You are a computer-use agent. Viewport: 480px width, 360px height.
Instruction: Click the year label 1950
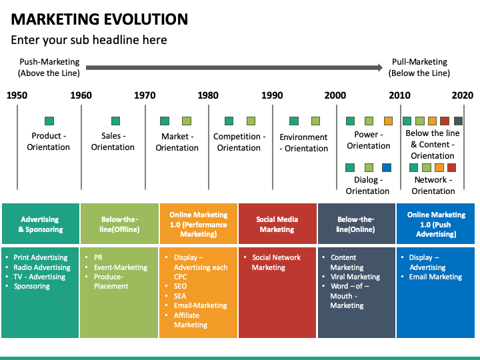(17, 95)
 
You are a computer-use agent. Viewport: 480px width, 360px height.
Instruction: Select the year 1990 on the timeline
(272, 95)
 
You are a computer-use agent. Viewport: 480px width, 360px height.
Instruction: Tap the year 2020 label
(462, 95)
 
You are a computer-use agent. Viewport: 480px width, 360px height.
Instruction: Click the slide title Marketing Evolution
(100, 19)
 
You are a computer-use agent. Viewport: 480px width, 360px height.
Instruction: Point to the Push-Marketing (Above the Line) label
(49, 67)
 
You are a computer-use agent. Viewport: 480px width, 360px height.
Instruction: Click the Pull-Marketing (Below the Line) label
(419, 67)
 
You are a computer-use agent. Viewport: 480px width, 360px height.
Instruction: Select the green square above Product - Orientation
(49, 121)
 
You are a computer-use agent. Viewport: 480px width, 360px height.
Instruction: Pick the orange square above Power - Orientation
(388, 121)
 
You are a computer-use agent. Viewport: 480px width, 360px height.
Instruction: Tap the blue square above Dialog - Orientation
(387, 167)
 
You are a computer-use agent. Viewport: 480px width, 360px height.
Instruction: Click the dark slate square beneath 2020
(458, 121)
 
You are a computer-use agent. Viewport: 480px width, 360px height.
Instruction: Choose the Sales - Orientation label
(113, 141)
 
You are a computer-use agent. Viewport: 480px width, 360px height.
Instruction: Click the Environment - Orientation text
(303, 143)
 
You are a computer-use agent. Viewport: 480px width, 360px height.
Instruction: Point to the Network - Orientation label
(433, 185)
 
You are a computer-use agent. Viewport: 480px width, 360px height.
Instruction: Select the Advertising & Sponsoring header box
(40, 224)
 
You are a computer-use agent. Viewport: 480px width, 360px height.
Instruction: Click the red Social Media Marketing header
(277, 224)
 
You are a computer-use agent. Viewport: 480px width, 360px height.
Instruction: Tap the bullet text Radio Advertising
(42, 267)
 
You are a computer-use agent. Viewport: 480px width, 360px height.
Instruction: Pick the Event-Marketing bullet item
(121, 267)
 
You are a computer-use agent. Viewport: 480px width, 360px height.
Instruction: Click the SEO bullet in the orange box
(180, 286)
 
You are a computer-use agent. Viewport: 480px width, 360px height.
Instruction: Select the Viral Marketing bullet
(355, 277)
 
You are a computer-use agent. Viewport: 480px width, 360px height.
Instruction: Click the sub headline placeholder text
(89, 40)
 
